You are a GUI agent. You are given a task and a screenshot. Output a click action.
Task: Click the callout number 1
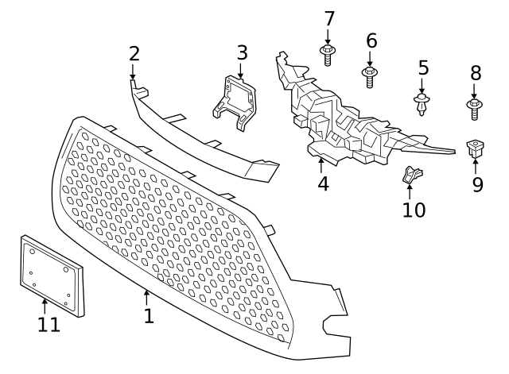click(149, 316)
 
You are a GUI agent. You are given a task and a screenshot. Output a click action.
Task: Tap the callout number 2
click(134, 54)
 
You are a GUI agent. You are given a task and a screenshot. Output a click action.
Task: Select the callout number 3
click(242, 53)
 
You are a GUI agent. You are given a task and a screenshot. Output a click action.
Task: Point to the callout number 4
click(322, 183)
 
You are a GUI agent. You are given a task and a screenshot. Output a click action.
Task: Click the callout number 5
click(423, 68)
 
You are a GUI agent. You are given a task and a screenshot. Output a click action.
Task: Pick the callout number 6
click(371, 40)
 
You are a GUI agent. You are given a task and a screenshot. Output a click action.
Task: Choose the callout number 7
click(328, 18)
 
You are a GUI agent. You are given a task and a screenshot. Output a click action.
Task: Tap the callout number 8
click(476, 73)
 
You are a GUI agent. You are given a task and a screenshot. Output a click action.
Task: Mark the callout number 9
click(476, 185)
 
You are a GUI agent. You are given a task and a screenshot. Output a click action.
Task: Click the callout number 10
click(414, 210)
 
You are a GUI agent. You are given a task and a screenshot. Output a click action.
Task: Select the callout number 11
click(49, 324)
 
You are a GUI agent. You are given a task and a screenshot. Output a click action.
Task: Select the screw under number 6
click(370, 76)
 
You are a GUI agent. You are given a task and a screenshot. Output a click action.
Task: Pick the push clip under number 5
click(422, 102)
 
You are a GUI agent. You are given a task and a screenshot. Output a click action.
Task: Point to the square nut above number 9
click(475, 147)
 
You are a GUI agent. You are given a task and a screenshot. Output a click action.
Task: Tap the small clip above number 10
click(411, 172)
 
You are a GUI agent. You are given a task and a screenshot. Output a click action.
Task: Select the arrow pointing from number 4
click(321, 164)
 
